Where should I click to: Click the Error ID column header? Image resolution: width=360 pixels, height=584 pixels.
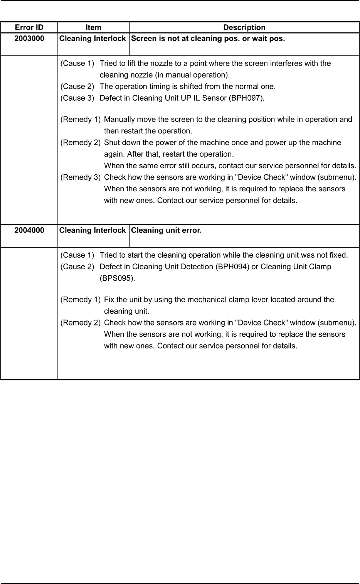pyautogui.click(x=29, y=27)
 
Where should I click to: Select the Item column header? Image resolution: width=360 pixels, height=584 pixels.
pyautogui.click(x=93, y=27)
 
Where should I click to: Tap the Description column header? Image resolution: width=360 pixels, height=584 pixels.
pyautogui.click(x=244, y=27)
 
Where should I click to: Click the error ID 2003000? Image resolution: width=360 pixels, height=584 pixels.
pyautogui.click(x=29, y=39)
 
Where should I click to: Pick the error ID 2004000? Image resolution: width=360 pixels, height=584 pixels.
pyautogui.click(x=29, y=230)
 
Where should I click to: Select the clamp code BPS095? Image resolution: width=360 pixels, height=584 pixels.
pyautogui.click(x=117, y=278)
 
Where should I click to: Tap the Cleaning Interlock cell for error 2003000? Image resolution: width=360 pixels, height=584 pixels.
pyautogui.click(x=93, y=39)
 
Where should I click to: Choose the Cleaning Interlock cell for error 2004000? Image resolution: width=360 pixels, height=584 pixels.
pyautogui.click(x=93, y=230)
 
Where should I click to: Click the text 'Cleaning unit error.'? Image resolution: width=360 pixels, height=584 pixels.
pyautogui.click(x=166, y=230)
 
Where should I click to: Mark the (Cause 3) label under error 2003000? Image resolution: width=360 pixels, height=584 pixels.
pyautogui.click(x=77, y=98)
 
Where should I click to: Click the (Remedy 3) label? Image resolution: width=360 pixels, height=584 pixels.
pyautogui.click(x=81, y=177)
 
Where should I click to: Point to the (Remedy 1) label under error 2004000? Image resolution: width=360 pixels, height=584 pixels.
pyautogui.click(x=81, y=300)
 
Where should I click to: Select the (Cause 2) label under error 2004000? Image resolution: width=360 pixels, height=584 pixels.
pyautogui.click(x=77, y=267)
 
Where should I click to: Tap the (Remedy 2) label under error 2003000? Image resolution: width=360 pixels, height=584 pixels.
pyautogui.click(x=81, y=143)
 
